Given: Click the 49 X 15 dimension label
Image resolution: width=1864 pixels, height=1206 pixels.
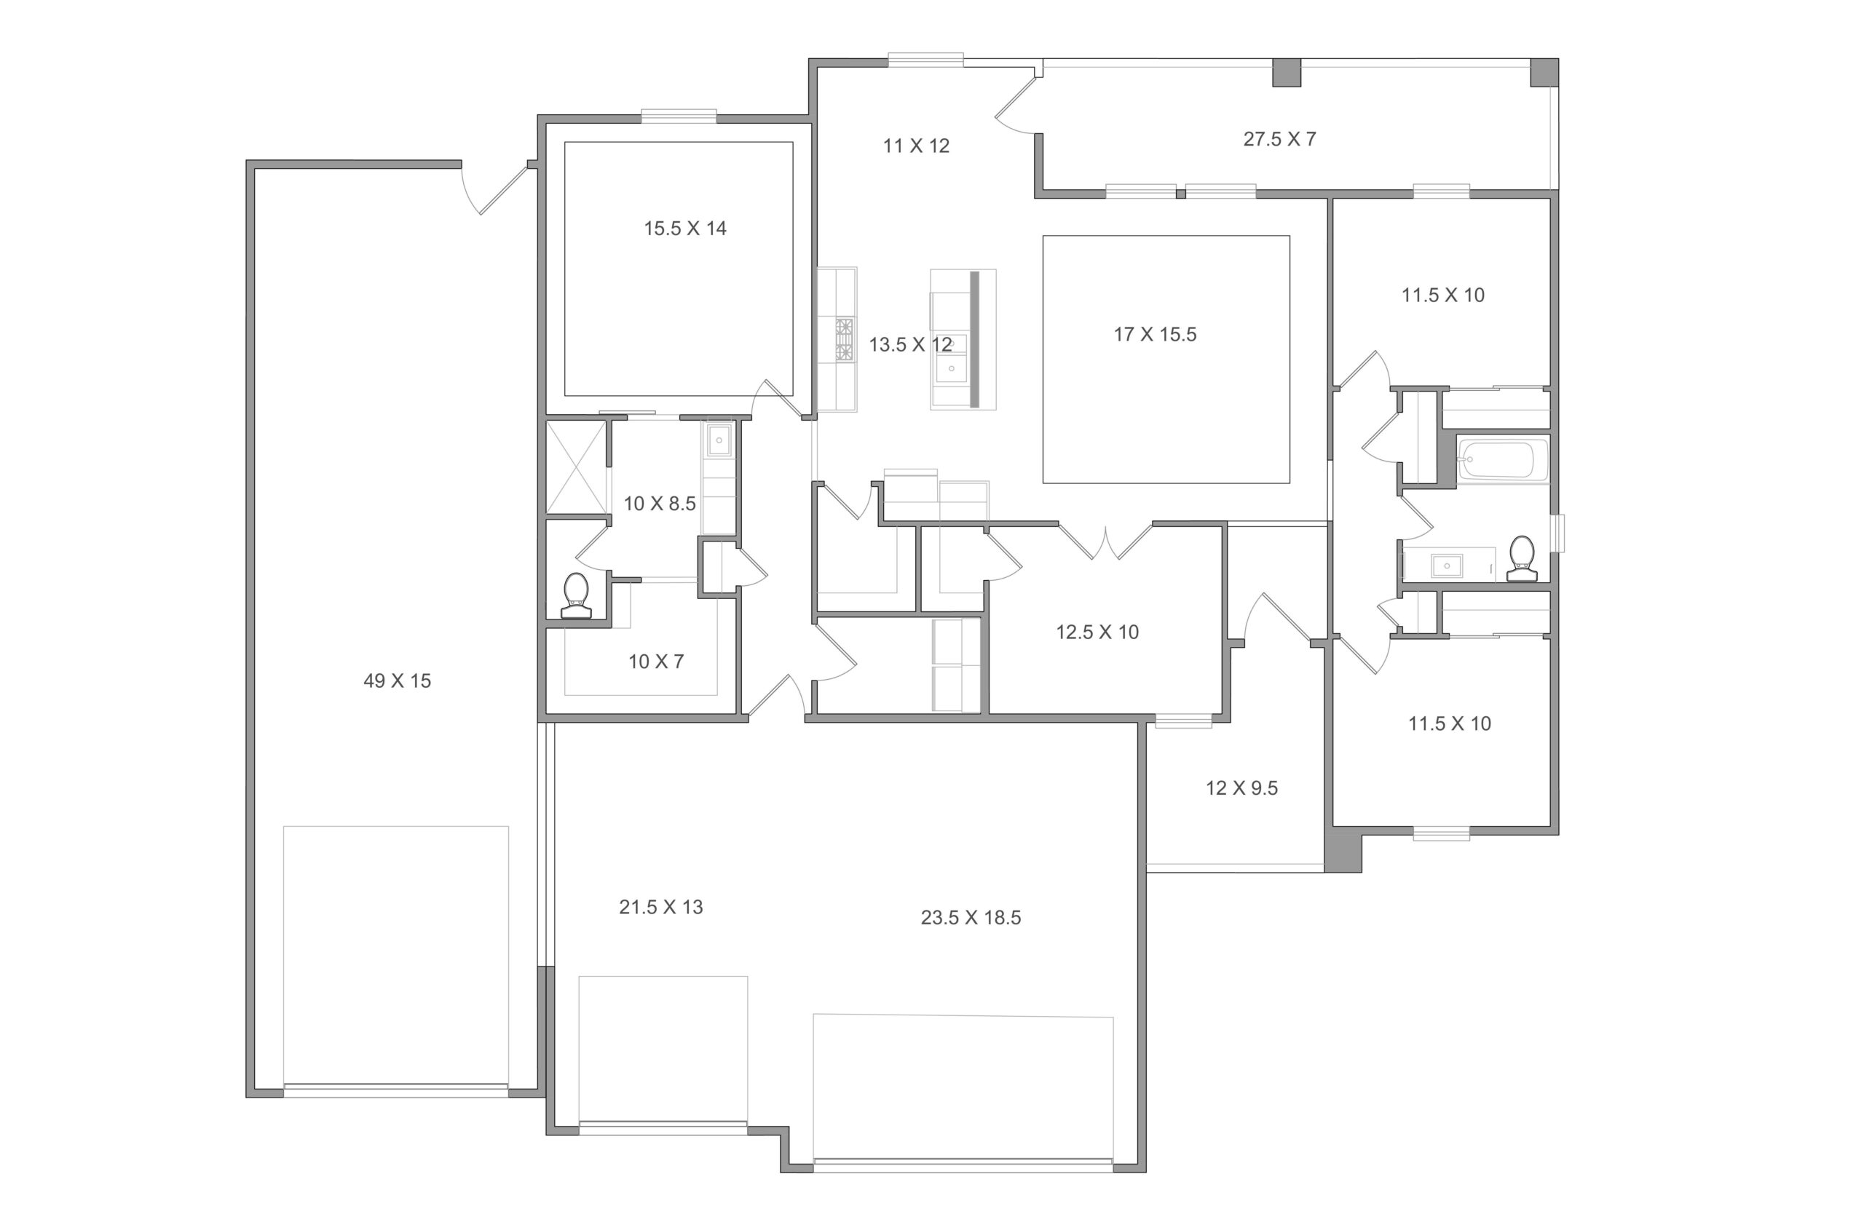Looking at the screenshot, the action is click(x=397, y=681).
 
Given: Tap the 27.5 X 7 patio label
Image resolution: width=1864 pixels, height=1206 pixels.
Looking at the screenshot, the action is click(x=1280, y=138).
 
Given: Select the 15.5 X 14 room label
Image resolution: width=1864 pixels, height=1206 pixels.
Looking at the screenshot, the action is click(x=685, y=228).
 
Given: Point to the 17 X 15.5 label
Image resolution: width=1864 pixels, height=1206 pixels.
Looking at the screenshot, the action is click(x=1156, y=334).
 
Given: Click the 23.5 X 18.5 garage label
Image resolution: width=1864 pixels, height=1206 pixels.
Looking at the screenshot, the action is click(x=971, y=917).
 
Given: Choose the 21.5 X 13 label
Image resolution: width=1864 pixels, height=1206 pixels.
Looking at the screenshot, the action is click(x=661, y=907).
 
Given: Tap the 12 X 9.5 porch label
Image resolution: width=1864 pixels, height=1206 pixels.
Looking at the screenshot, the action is click(x=1241, y=788).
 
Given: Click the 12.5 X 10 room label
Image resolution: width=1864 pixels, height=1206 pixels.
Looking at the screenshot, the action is click(x=1097, y=632).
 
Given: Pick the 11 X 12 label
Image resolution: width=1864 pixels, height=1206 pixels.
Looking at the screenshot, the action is click(x=916, y=146).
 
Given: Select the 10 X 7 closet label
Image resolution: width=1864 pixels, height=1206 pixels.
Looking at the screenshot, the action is click(x=656, y=662).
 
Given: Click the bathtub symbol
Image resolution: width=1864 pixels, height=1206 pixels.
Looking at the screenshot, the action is click(x=1503, y=460).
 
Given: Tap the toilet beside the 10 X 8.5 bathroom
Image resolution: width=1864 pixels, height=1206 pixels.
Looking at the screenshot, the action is click(x=576, y=596).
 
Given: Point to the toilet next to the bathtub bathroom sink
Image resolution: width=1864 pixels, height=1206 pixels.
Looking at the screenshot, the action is click(x=1522, y=558).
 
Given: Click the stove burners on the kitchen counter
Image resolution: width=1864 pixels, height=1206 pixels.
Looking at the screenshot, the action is click(x=845, y=339).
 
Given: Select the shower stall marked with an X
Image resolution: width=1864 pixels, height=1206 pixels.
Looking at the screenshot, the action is click(x=577, y=467).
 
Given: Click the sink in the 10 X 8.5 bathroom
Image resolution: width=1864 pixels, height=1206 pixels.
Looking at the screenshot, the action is click(x=719, y=441).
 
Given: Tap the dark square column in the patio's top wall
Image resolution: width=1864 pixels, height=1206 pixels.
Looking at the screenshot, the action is click(x=1286, y=72).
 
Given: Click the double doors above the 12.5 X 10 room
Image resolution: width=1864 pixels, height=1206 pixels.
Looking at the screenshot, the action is click(x=1105, y=541).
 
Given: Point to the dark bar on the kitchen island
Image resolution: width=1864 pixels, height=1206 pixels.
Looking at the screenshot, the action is click(x=974, y=339).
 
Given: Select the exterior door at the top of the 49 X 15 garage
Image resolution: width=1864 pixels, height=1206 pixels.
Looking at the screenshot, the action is click(x=497, y=188).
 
